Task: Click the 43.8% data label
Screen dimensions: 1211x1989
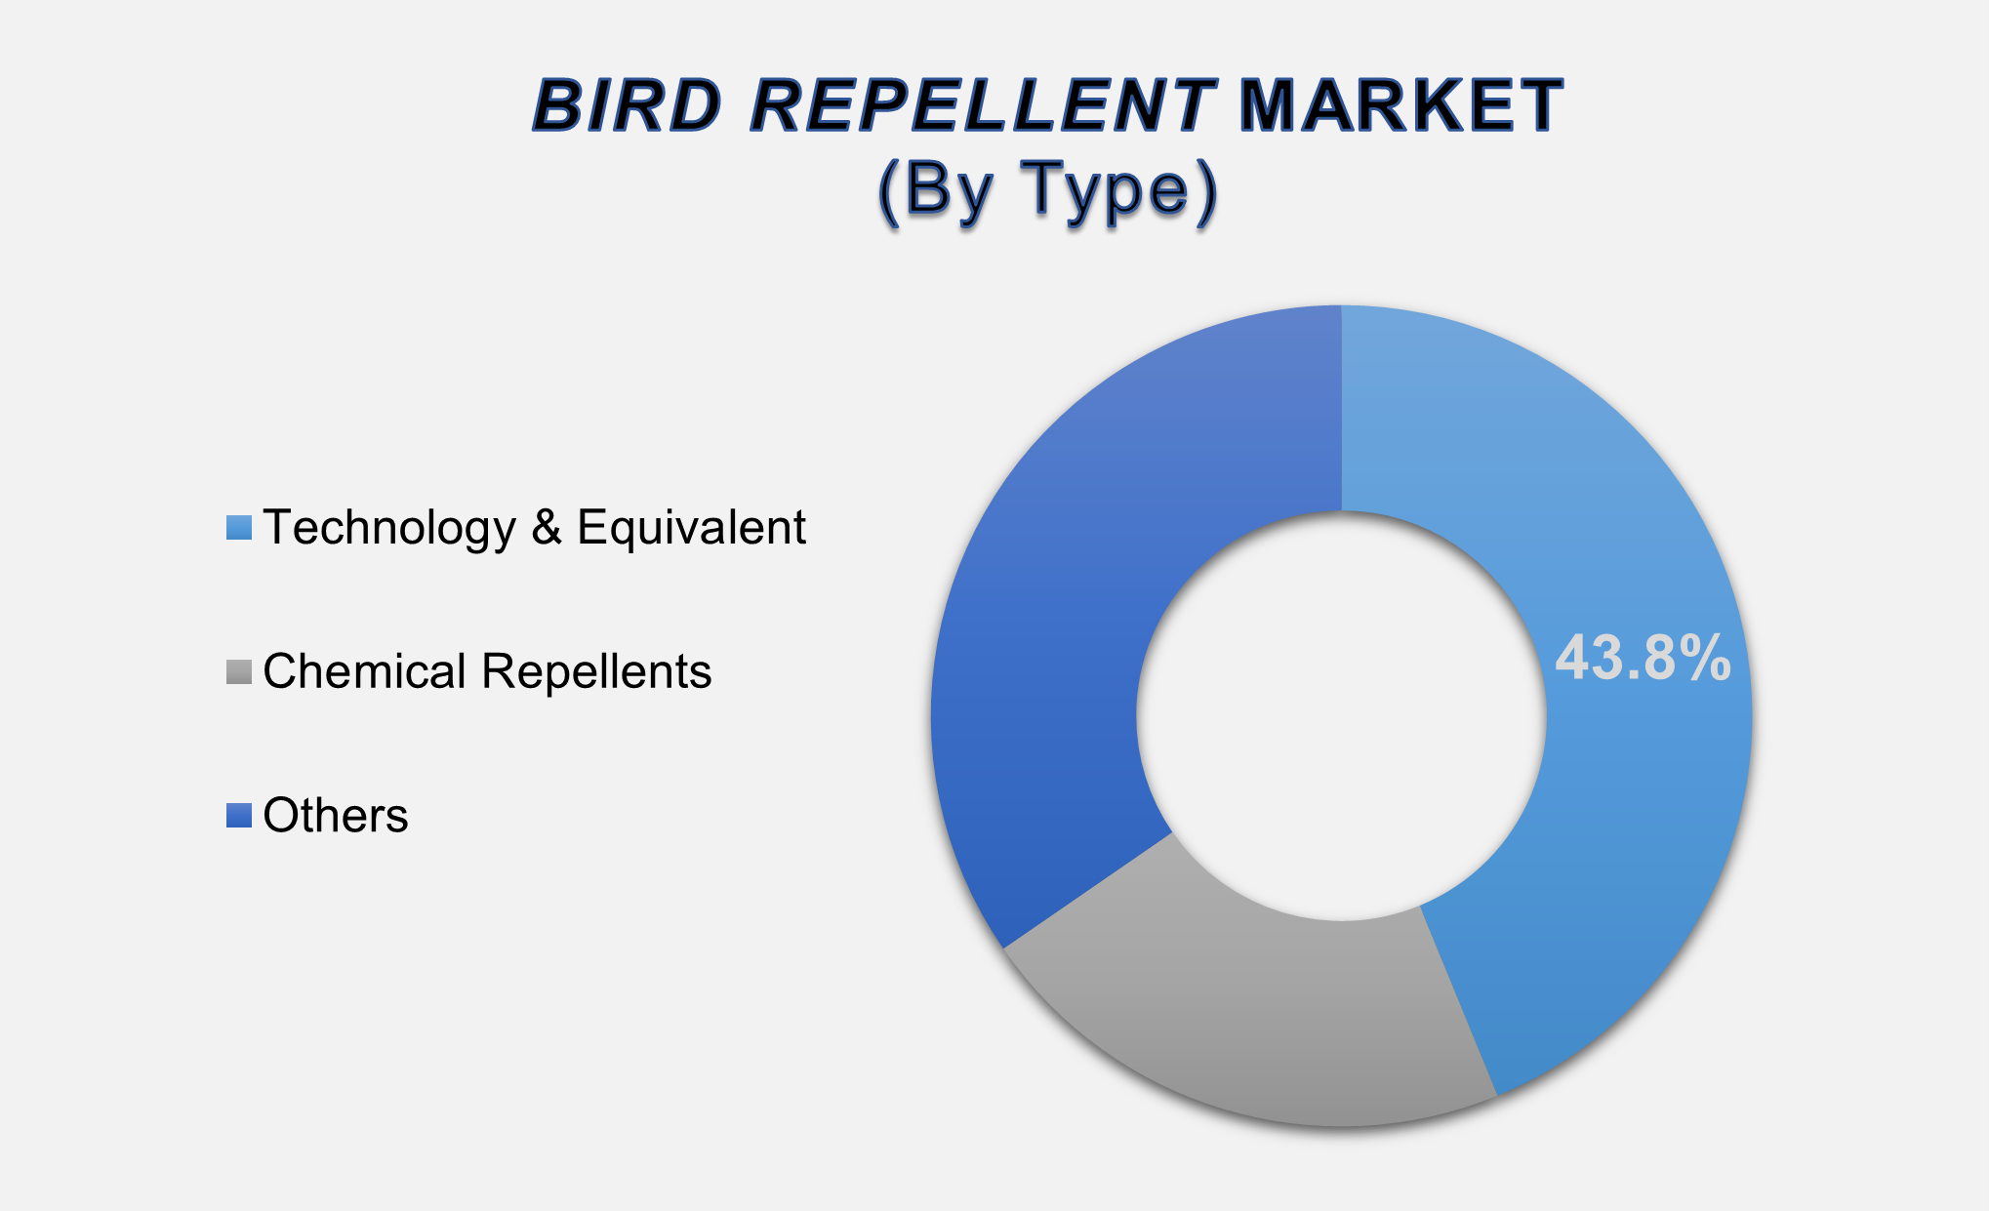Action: (x=1643, y=658)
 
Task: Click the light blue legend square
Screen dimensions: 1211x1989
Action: (x=239, y=528)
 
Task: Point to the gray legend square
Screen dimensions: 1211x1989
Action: (x=239, y=672)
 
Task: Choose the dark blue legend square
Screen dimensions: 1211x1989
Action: (x=239, y=816)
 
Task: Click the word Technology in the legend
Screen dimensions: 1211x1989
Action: (x=388, y=528)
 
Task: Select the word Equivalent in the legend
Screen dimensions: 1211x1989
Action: (x=691, y=528)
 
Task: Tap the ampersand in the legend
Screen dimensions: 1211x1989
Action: (x=547, y=528)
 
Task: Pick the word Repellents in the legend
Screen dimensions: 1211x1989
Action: (x=596, y=672)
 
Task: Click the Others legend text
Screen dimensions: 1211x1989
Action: (x=335, y=816)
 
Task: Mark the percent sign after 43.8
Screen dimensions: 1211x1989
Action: (x=1707, y=658)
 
